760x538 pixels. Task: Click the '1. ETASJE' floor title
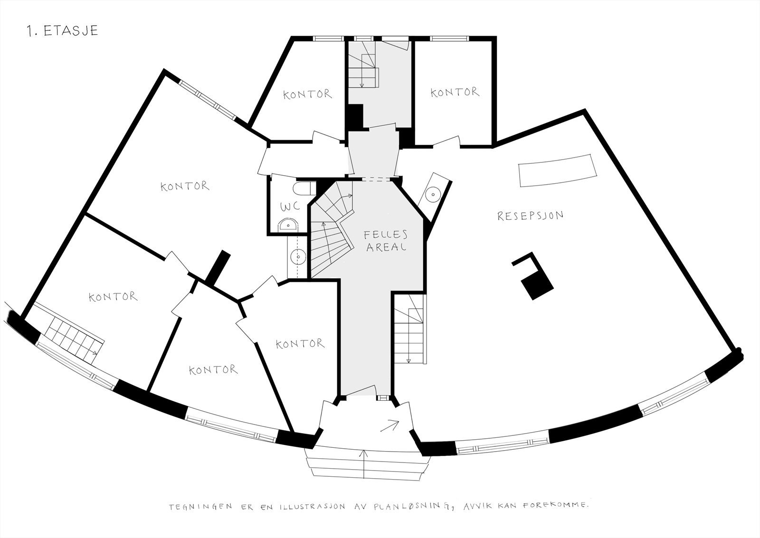point(63,31)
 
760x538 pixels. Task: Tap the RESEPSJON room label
point(530,216)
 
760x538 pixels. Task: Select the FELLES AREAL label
point(385,240)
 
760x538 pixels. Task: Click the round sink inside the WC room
point(288,224)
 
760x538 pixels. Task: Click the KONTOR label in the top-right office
point(455,92)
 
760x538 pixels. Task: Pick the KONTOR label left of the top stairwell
point(307,94)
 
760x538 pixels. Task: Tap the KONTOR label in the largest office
point(185,186)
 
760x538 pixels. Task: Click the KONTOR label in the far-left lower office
point(113,297)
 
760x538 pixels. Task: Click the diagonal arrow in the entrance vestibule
point(390,425)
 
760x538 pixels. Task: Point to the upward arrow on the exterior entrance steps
point(364,463)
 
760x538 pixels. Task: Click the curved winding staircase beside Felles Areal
point(332,228)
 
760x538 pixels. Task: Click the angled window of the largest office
point(208,101)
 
